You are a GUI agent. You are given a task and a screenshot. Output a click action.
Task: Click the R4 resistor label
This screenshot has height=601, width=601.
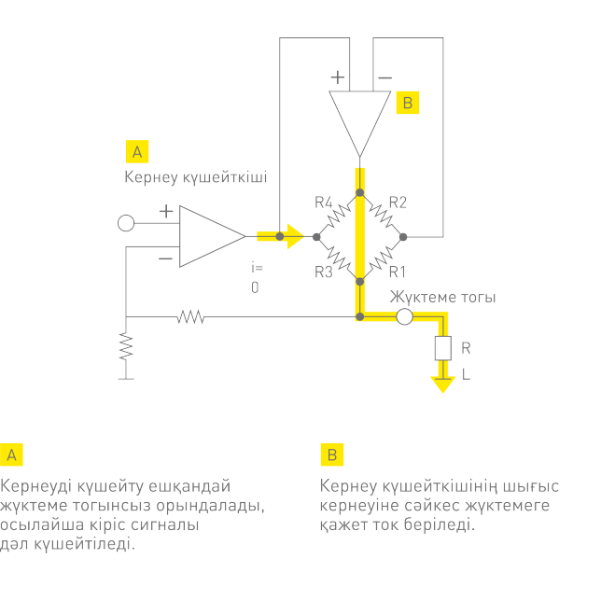pyautogui.click(x=324, y=202)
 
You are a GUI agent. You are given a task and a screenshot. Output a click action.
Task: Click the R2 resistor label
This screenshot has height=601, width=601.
pyautogui.click(x=398, y=202)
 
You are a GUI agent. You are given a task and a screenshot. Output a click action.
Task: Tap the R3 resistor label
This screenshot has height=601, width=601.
pyautogui.click(x=324, y=273)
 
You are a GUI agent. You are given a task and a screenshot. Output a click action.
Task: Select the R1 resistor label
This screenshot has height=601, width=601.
pyautogui.click(x=398, y=273)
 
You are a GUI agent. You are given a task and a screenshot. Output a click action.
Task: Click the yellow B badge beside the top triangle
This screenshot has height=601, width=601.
pyautogui.click(x=407, y=102)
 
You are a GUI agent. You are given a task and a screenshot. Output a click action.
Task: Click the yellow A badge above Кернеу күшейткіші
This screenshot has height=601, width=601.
pyautogui.click(x=136, y=151)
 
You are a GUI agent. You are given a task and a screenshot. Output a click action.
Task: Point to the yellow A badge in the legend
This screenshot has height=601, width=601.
pyautogui.click(x=12, y=454)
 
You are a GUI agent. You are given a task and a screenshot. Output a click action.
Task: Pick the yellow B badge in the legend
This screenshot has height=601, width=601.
pyautogui.click(x=332, y=454)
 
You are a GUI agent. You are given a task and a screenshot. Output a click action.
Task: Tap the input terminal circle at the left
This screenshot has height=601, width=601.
pyautogui.click(x=126, y=223)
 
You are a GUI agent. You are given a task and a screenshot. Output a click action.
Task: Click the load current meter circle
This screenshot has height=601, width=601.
pyautogui.click(x=404, y=317)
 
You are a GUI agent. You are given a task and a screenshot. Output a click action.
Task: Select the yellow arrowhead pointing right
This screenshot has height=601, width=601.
pyautogui.click(x=295, y=237)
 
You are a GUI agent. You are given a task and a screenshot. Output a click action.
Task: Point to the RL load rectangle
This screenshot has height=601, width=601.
pyautogui.click(x=442, y=349)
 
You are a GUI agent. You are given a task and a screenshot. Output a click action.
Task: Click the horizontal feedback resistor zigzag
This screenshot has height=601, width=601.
pyautogui.click(x=190, y=317)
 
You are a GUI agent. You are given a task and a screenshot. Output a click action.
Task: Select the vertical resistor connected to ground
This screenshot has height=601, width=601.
pyautogui.click(x=126, y=347)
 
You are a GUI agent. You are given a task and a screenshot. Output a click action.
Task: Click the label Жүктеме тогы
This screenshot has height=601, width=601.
pyautogui.click(x=442, y=297)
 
